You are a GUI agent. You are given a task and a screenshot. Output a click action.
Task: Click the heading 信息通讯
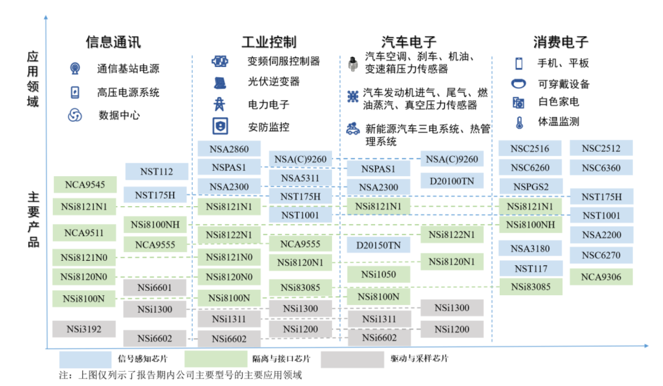point(113,42)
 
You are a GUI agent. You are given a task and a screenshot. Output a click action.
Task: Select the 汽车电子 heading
point(409,42)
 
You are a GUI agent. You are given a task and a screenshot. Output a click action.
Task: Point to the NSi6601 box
point(155,287)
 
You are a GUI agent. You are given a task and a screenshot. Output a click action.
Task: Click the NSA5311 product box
point(300,178)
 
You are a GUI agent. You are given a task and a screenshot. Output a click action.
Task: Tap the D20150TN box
point(378,245)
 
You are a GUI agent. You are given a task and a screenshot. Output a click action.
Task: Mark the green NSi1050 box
point(378,274)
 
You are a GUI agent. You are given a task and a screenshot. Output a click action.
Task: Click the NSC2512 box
point(601,149)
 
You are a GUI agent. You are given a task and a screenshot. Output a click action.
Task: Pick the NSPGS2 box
point(530,186)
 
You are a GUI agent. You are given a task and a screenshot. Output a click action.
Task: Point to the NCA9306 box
point(601,277)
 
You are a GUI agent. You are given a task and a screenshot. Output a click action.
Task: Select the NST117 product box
point(530,268)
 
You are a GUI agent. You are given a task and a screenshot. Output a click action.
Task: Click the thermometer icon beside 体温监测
point(519,122)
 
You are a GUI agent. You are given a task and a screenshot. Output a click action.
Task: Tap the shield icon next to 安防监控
point(219,127)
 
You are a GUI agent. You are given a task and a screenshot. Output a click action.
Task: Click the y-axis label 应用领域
point(33,79)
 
